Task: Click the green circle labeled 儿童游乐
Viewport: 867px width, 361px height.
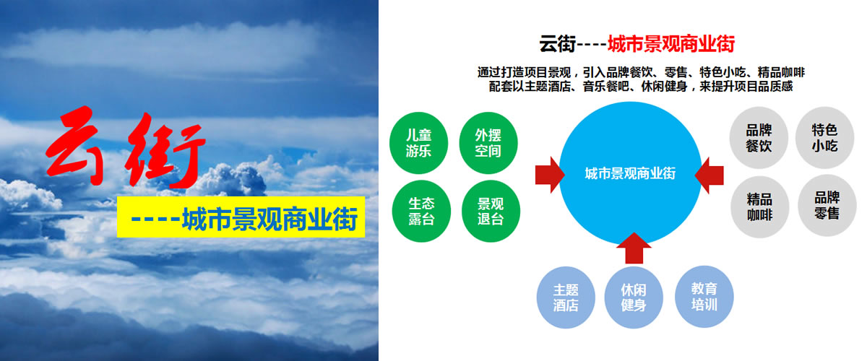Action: [x=418, y=143]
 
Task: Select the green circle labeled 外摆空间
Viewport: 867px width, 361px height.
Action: [x=488, y=143]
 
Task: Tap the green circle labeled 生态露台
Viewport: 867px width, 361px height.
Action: [x=421, y=211]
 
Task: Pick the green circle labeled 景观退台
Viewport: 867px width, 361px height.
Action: [x=491, y=211]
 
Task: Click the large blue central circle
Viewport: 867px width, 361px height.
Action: [x=630, y=173]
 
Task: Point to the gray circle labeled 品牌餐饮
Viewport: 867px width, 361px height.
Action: [x=759, y=138]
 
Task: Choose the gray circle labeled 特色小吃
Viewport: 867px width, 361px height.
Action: [x=824, y=138]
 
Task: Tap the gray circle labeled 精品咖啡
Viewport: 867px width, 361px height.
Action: [x=760, y=207]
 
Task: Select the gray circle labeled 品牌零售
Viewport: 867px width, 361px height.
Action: [x=827, y=206]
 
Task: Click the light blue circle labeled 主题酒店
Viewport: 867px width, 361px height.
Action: [x=566, y=297]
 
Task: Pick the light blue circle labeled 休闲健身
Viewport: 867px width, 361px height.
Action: [x=634, y=297]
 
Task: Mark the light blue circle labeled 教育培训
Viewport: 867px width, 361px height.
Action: [x=704, y=297]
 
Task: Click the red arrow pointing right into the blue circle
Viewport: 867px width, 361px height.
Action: [x=550, y=175]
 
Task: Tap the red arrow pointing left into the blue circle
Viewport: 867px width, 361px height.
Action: [x=709, y=175]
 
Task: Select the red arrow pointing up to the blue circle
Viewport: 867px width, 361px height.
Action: [x=634, y=248]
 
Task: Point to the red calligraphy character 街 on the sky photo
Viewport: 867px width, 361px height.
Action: [x=165, y=151]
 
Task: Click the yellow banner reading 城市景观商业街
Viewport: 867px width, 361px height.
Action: [x=241, y=217]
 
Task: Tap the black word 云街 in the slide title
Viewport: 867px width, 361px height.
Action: [x=558, y=44]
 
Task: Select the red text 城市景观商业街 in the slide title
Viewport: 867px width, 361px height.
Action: [x=671, y=44]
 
